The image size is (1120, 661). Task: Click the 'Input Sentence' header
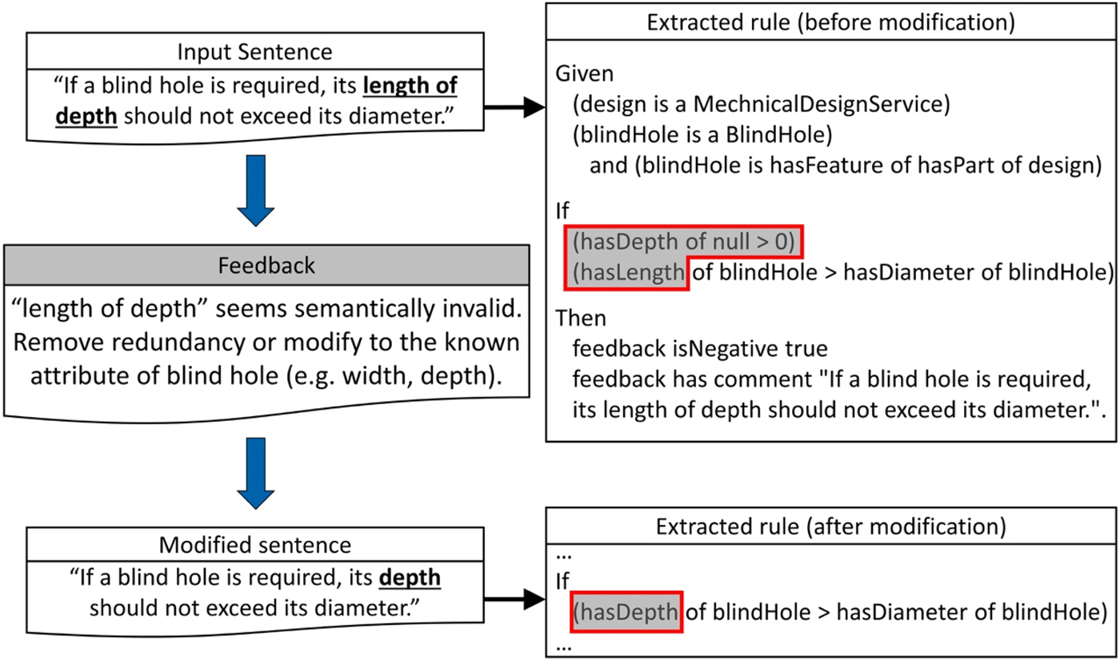(x=255, y=52)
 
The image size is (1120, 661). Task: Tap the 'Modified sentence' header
(x=255, y=544)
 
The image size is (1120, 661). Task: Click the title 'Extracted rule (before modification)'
(x=831, y=22)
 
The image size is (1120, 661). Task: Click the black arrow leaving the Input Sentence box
(x=515, y=108)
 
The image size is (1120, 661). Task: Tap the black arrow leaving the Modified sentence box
(x=515, y=596)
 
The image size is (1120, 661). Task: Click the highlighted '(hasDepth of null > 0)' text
(x=686, y=242)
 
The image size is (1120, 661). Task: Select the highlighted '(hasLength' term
(x=629, y=273)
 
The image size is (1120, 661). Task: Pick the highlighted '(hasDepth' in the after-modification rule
(x=626, y=613)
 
